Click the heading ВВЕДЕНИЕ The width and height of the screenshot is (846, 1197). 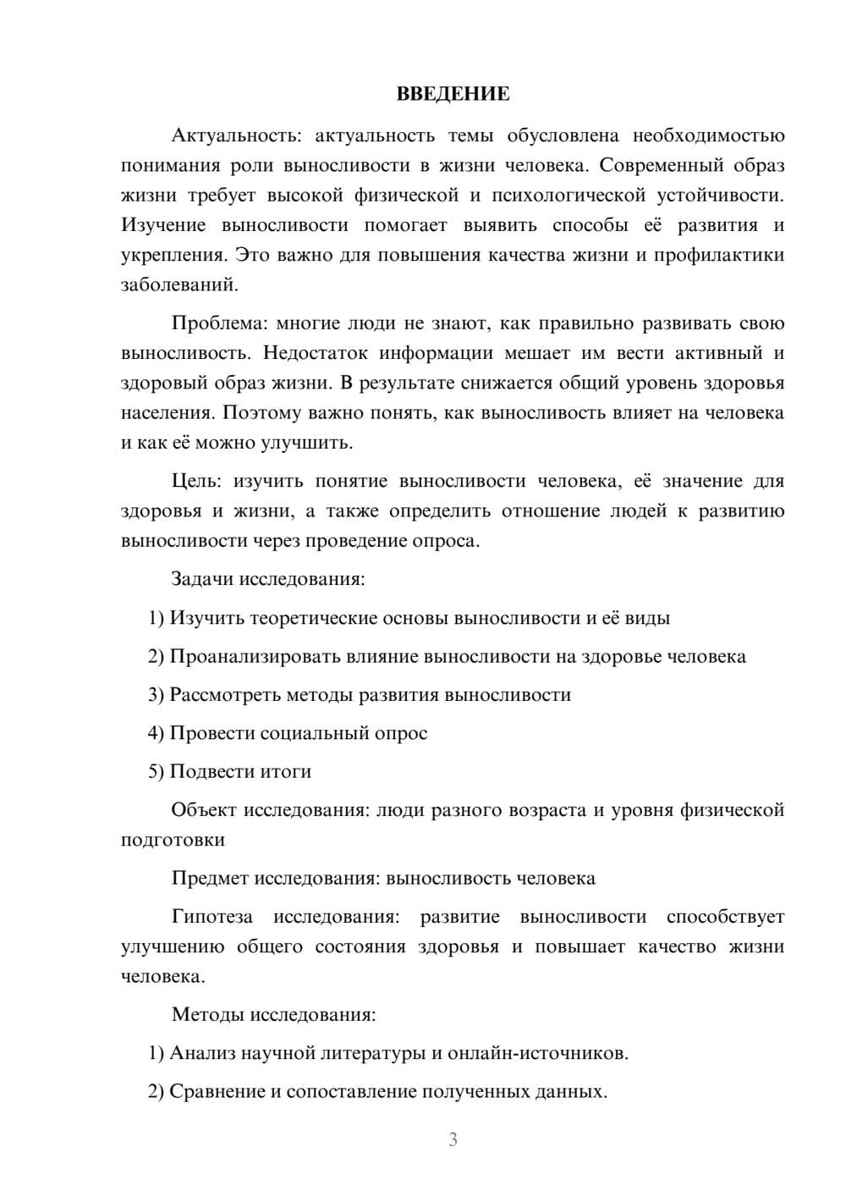tap(453, 94)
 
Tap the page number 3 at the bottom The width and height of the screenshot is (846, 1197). tap(453, 1139)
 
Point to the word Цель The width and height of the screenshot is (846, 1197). tap(195, 482)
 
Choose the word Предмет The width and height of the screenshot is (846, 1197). tap(210, 878)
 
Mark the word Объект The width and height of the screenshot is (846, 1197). tap(204, 810)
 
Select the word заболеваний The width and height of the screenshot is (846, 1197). tap(179, 284)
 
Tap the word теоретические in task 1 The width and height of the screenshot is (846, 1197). tap(313, 618)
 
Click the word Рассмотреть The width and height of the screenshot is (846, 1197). tap(224, 695)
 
